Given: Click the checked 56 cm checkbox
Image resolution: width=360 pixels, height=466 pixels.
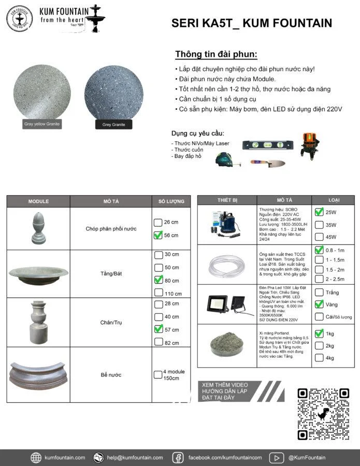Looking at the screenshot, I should pos(158,235).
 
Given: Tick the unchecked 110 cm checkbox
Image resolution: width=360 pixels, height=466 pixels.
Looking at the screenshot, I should pos(158,294).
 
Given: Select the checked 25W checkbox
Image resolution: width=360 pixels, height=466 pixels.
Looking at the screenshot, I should pos(319,212).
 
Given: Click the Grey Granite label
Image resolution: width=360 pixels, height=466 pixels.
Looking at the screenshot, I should pos(113,124).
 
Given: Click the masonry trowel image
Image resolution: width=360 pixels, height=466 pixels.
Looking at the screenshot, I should pos(268,163).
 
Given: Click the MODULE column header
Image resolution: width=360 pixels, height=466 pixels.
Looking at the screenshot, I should pos(38,201).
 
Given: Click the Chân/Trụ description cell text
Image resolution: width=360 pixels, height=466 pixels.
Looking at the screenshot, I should pos(111,323).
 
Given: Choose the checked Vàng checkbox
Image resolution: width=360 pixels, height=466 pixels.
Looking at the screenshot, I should pos(319,304).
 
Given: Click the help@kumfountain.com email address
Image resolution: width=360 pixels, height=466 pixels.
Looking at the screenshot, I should pos(135,457).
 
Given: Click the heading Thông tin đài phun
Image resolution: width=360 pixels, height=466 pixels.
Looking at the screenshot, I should pos(216,54).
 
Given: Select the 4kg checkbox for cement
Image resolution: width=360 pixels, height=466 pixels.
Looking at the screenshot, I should pos(319,358).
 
